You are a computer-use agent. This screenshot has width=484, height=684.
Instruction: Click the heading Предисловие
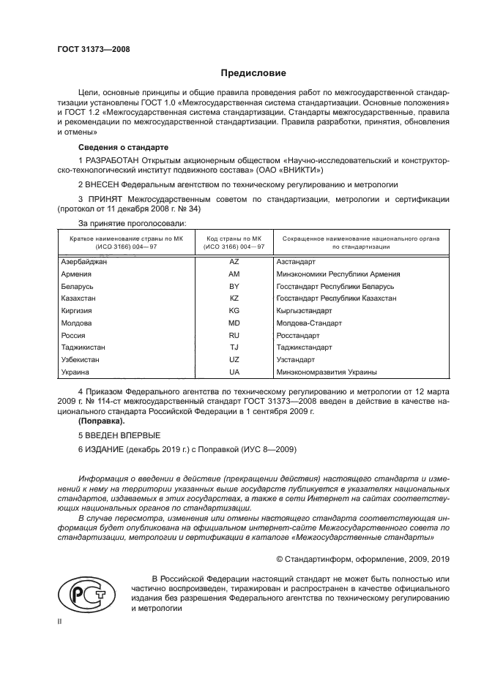tap(253, 73)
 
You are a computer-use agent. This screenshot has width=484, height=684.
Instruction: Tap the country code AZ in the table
tap(234, 261)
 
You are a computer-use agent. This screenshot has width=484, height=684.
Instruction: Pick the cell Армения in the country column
tap(76, 274)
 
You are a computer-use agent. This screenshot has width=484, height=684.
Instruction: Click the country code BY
tap(234, 286)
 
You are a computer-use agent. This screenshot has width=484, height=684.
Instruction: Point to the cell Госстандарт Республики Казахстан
tap(336, 298)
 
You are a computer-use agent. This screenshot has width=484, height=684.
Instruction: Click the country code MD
tap(234, 323)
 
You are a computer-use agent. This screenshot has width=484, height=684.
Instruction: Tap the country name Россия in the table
tap(74, 335)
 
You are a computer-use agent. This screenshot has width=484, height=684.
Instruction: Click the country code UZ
tap(234, 360)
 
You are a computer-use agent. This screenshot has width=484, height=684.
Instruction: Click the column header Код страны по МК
tap(234, 238)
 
